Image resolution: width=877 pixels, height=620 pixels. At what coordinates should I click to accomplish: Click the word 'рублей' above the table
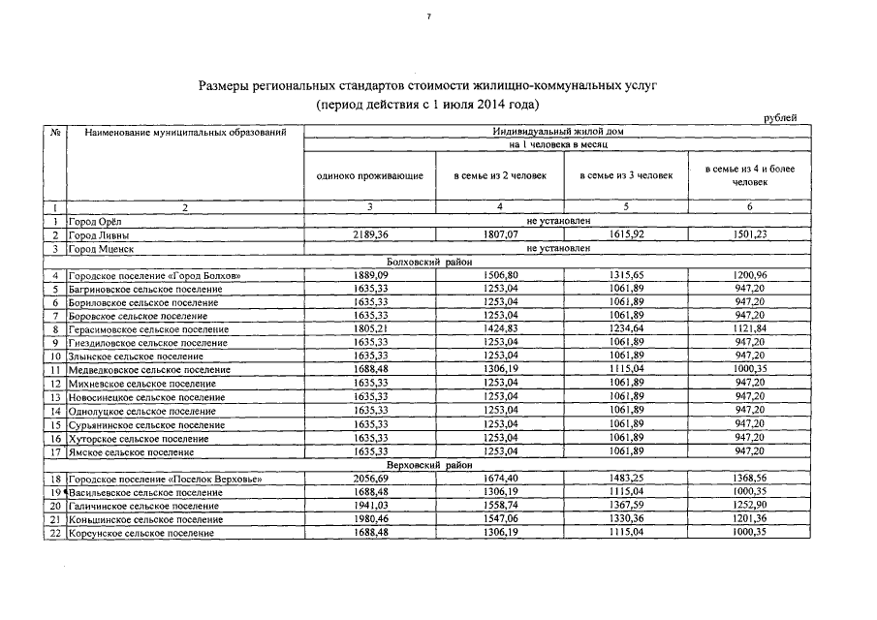pyautogui.click(x=780, y=118)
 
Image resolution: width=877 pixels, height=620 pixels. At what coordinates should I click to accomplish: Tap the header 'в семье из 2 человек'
pyautogui.click(x=500, y=175)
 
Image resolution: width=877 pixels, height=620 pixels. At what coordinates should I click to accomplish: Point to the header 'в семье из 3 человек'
pyautogui.click(x=625, y=175)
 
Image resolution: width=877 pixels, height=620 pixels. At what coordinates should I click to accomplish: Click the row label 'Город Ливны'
pyautogui.click(x=100, y=234)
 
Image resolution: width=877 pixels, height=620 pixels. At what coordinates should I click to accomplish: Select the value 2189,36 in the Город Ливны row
pyautogui.click(x=370, y=234)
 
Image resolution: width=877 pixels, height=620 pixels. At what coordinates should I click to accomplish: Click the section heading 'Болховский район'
pyautogui.click(x=426, y=262)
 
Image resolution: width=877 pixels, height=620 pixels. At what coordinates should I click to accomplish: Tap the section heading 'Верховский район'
pyautogui.click(x=426, y=465)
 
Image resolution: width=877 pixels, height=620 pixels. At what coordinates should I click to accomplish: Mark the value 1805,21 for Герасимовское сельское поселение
pyautogui.click(x=370, y=329)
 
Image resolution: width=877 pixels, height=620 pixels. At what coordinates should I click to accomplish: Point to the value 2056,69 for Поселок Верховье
pyautogui.click(x=370, y=480)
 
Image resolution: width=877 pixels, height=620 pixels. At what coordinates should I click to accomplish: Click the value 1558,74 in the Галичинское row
pyautogui.click(x=500, y=506)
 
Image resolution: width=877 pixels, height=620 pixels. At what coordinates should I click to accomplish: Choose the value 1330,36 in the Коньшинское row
pyautogui.click(x=626, y=519)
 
